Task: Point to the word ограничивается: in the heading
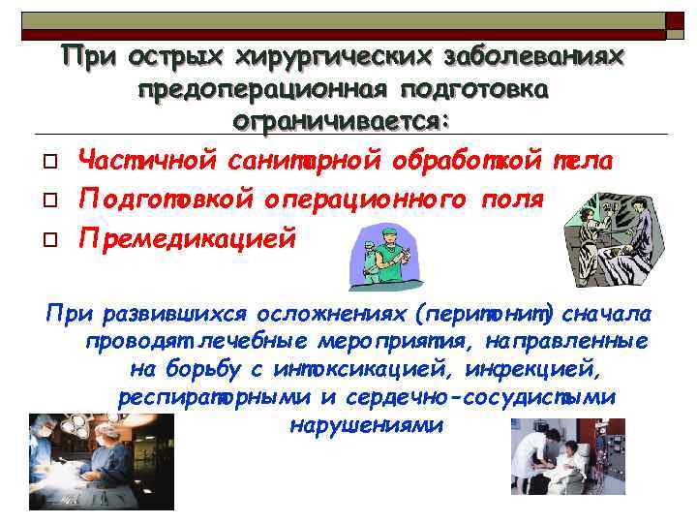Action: click(342, 121)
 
